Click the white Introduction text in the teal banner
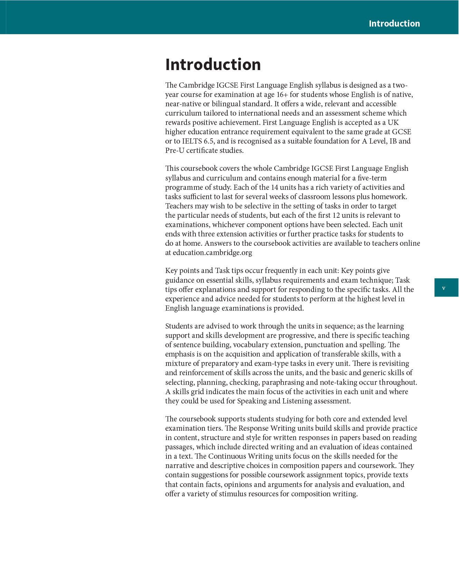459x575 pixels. (x=394, y=23)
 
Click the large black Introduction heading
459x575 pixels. (x=213, y=65)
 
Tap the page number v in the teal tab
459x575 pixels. (x=443, y=288)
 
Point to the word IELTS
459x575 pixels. (x=192, y=141)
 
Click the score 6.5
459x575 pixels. (x=209, y=141)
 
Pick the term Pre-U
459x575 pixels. (x=174, y=150)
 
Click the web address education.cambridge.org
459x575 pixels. (x=212, y=253)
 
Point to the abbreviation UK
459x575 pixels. (x=393, y=123)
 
